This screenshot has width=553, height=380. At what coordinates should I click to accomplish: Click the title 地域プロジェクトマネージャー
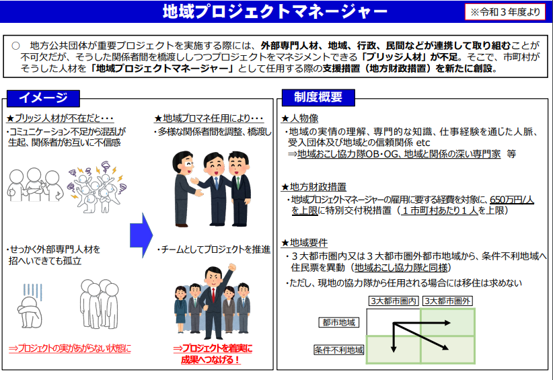point(275,11)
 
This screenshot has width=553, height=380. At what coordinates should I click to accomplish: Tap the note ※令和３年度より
point(505,12)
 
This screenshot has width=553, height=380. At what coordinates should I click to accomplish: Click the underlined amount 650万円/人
point(512,200)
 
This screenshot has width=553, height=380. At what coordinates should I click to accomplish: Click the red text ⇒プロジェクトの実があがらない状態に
point(70,348)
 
